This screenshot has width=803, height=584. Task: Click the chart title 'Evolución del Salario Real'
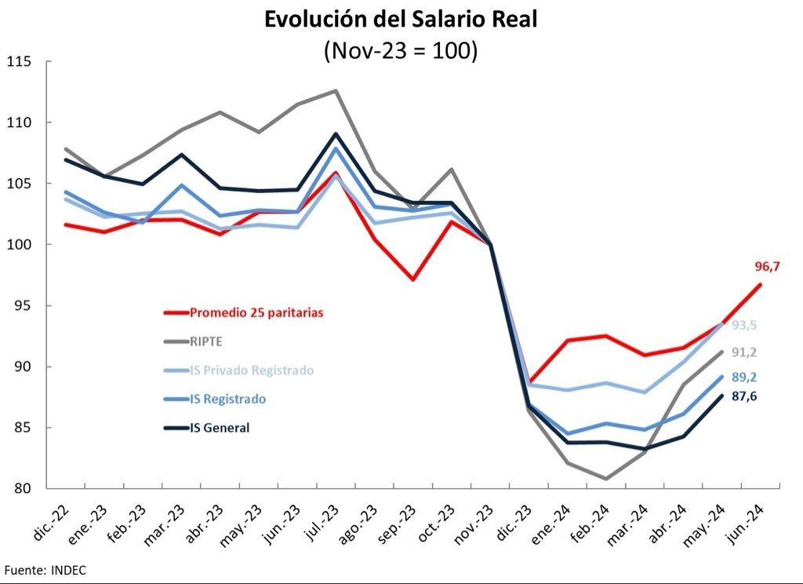pyautogui.click(x=401, y=20)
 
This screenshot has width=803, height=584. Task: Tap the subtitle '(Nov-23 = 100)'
pyautogui.click(x=401, y=50)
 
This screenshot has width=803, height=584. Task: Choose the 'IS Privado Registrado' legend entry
pyautogui.click(x=252, y=370)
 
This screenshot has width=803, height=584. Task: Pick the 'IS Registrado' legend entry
pyautogui.click(x=227, y=399)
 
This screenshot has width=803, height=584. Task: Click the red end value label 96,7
pyautogui.click(x=768, y=267)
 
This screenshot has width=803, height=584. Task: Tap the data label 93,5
pyautogui.click(x=744, y=326)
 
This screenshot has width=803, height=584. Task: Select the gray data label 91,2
pyautogui.click(x=744, y=352)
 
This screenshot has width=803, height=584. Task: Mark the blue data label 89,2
pyautogui.click(x=744, y=378)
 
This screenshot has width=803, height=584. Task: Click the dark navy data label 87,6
pyautogui.click(x=744, y=397)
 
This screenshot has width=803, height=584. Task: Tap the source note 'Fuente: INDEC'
pyautogui.click(x=45, y=571)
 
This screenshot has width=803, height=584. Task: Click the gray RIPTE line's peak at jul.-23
pyautogui.click(x=336, y=91)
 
